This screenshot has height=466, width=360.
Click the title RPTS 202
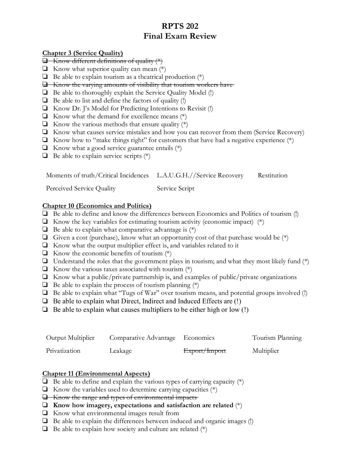(180, 26)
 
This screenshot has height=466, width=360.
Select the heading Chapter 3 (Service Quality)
(82, 53)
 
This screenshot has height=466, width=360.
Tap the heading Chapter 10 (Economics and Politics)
(97, 206)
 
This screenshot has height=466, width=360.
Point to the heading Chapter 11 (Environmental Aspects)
(96, 373)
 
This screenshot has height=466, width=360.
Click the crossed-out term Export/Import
(204, 351)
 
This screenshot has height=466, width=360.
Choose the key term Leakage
(120, 351)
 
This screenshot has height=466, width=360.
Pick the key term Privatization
(63, 351)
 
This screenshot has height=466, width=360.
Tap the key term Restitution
(273, 175)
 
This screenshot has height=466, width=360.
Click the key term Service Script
(175, 188)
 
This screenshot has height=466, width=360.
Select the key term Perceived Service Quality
(81, 188)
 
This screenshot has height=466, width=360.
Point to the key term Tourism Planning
(277, 338)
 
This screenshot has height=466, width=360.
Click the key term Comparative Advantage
(142, 338)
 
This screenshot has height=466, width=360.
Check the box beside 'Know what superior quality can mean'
(45, 69)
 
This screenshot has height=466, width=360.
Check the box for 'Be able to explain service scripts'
(45, 156)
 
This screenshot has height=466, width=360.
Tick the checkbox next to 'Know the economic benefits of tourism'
(45, 253)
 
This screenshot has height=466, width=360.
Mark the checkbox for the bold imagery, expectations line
(45, 405)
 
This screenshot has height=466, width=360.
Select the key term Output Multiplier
(70, 338)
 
